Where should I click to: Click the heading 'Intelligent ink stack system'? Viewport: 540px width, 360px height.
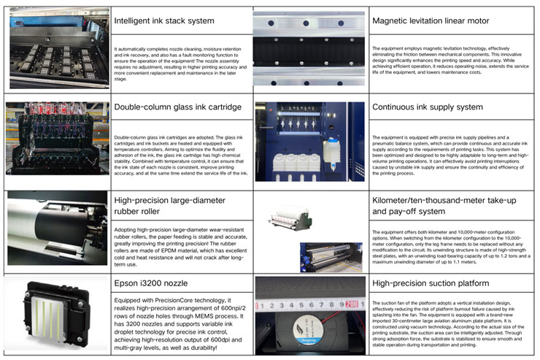pyautogui.click(x=163, y=20)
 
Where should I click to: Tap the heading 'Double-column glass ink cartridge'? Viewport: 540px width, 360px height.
pyautogui.click(x=177, y=107)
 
